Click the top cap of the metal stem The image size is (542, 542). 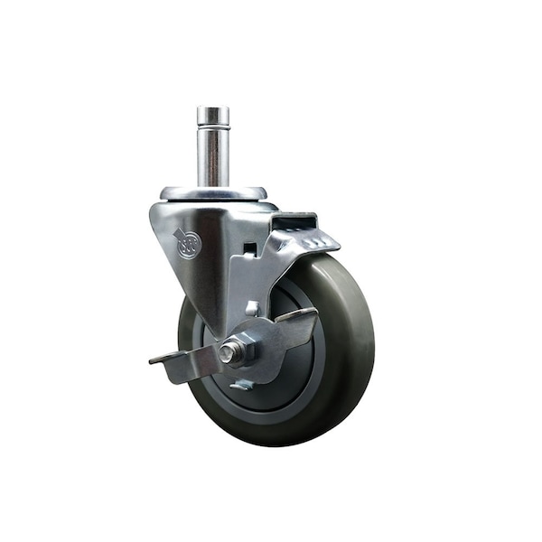pyautogui.click(x=213, y=112)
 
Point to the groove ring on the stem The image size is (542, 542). pyautogui.click(x=213, y=127)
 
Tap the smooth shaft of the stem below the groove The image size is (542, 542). pyautogui.click(x=213, y=158)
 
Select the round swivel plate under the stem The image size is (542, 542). pyautogui.click(x=214, y=192)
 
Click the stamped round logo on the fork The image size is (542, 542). pyautogui.click(x=187, y=245)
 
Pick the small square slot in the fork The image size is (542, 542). pyautogui.click(x=248, y=248)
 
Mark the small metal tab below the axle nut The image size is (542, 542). pyautogui.click(x=241, y=385)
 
